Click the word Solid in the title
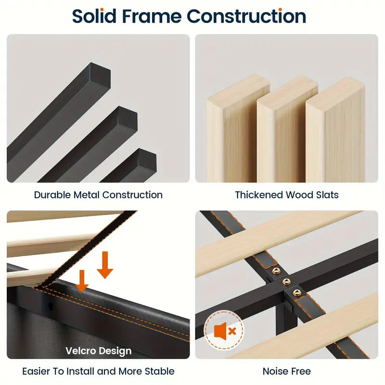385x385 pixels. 94,16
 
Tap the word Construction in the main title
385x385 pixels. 246,16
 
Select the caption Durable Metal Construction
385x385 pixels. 98,195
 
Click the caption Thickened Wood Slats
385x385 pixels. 287,195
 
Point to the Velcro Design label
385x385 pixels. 98,351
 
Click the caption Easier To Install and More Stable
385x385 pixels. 98,371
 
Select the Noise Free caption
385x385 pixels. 287,371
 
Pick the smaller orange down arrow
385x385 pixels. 82,281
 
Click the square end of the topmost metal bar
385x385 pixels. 102,72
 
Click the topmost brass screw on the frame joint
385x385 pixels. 276,271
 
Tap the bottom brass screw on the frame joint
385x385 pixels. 295,293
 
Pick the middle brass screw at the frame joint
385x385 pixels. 286,282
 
